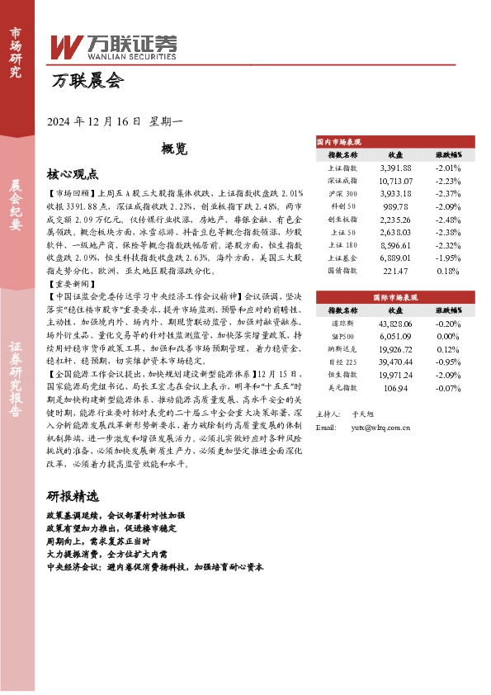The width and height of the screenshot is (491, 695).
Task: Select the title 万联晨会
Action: click(x=87, y=81)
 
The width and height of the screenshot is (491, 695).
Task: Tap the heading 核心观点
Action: click(x=73, y=174)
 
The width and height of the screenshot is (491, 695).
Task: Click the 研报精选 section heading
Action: click(x=73, y=497)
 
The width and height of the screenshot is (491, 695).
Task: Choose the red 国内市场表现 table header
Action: click(x=339, y=142)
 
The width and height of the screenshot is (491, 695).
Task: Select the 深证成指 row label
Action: click(x=342, y=181)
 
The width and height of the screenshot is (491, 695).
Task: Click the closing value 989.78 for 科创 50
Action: click(x=395, y=206)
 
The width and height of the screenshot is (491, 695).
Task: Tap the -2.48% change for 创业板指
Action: click(x=447, y=219)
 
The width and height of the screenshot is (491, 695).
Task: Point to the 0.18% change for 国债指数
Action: click(x=447, y=269)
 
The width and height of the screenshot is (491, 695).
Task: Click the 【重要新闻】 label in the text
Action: click(x=73, y=283)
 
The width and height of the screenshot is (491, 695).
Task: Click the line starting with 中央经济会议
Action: click(x=154, y=568)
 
